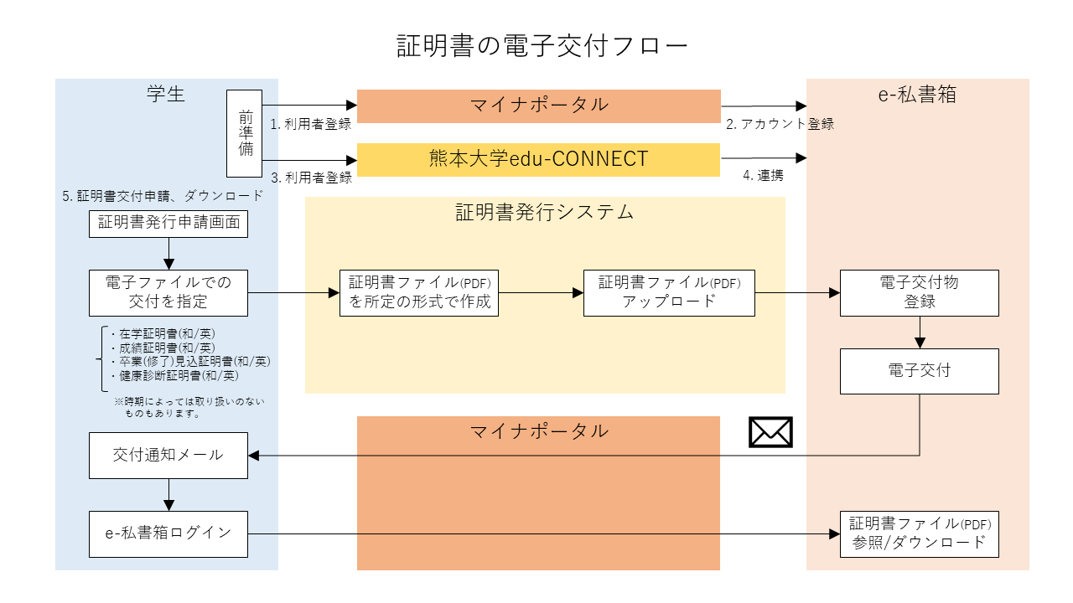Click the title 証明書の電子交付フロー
pyautogui.click(x=542, y=45)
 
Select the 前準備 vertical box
pyautogui.click(x=245, y=134)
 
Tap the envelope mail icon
pyautogui.click(x=770, y=432)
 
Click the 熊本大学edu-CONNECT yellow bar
pyautogui.click(x=539, y=159)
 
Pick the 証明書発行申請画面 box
pyautogui.click(x=168, y=223)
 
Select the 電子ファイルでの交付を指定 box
pyautogui.click(x=168, y=292)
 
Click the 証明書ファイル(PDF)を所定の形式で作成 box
pyautogui.click(x=419, y=292)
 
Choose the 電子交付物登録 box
pyautogui.click(x=919, y=292)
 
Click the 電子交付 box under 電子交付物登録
pyautogui.click(x=919, y=370)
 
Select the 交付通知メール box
pyautogui.click(x=168, y=455)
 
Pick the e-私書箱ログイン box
pyautogui.click(x=168, y=533)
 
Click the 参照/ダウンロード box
pyautogui.click(x=919, y=533)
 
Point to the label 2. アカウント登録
pyautogui.click(x=780, y=124)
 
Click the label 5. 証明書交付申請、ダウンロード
pyautogui.click(x=163, y=196)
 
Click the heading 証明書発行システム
pyautogui.click(x=544, y=212)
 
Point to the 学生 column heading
pyautogui.click(x=165, y=94)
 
